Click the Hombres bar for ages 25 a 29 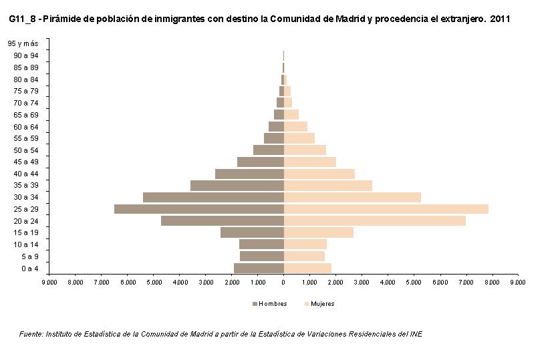point(199,209)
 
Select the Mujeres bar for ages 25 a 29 point(386,209)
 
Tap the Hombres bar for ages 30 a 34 point(213,197)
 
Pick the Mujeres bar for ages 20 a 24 point(375,221)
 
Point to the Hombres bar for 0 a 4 point(259,268)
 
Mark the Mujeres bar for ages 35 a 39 point(328,186)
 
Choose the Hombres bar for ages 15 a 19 point(252,232)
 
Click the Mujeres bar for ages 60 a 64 point(295,126)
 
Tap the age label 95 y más point(23,43)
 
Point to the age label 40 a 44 point(25,174)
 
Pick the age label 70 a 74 point(25,103)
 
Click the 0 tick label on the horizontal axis point(283,283)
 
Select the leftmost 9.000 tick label point(49,283)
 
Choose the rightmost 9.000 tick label point(518,283)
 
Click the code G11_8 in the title point(23,19)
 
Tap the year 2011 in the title point(500,19)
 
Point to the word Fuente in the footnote point(31,334)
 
